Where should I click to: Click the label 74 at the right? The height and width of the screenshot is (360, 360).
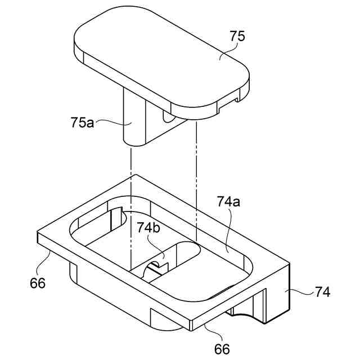click(x=322, y=292)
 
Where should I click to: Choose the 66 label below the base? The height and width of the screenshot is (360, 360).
click(x=222, y=349)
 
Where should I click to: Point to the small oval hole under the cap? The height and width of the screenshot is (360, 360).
click(x=168, y=118)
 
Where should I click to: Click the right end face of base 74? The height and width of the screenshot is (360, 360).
click(x=278, y=292)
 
